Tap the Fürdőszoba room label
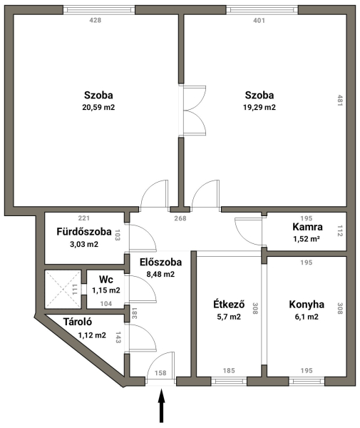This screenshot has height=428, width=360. coord(84,232)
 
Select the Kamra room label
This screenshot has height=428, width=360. coord(307,227)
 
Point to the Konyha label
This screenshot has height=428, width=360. coord(307,305)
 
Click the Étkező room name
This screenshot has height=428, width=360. coord(229,304)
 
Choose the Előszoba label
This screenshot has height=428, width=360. coord(160,262)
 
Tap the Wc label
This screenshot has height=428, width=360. coord(106,280)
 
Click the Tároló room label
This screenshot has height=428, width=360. coord(78,322)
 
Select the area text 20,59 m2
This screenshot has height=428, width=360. coord(98,107)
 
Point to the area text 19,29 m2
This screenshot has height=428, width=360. coord(259,107)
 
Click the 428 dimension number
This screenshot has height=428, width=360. coord(96,20)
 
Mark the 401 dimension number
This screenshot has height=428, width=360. coord(259,20)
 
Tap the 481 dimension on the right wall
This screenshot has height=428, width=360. coord(339,101)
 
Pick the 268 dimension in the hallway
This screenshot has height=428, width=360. coord(180,218)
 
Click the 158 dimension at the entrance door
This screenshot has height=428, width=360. coord(160,373)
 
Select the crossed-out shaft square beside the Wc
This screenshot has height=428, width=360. coord(63,290)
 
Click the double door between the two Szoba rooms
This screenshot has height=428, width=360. coord(194,111)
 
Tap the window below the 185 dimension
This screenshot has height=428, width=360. coord(229,381)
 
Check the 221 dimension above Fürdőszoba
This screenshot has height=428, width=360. coord(83,218)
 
